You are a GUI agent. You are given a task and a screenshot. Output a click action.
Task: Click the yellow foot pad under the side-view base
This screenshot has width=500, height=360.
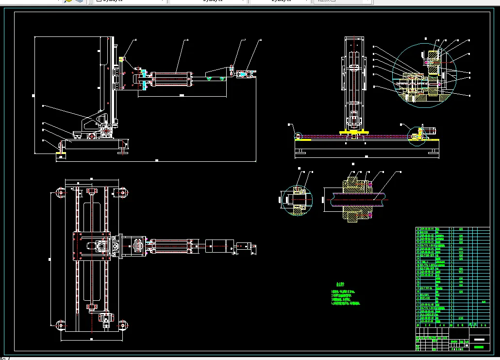[62, 154]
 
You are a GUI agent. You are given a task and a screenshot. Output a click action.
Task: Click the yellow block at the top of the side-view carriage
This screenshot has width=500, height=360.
[121, 59]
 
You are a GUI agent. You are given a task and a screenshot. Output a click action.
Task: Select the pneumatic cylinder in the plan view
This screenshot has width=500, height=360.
[170, 245]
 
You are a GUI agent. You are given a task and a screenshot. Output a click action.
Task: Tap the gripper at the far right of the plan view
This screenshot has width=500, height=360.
[245, 246]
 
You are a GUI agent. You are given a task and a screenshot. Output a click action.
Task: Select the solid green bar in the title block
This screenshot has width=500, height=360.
[479, 347]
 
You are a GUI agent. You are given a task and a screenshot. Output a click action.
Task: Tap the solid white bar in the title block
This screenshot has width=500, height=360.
[479, 339]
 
